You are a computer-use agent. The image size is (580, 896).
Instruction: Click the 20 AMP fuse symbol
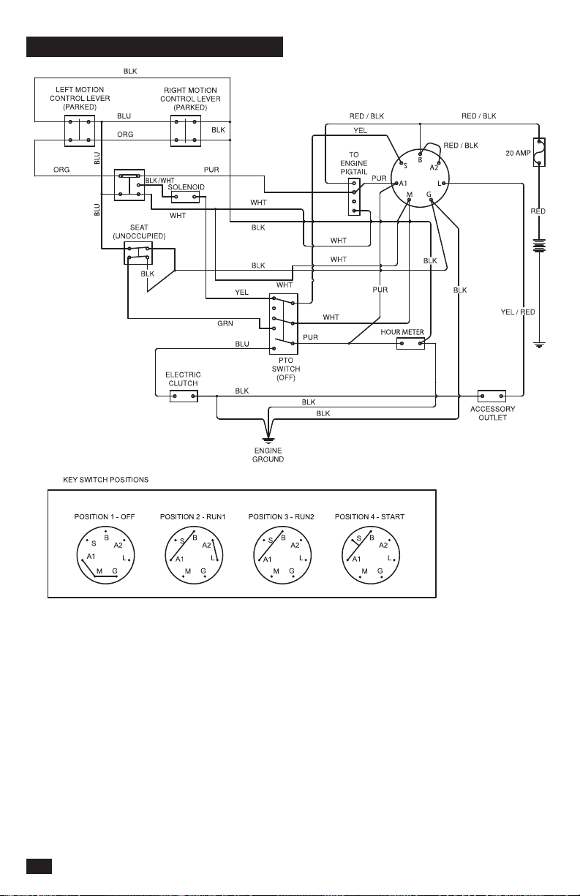click(539, 152)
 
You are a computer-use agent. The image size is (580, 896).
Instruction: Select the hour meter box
click(410, 343)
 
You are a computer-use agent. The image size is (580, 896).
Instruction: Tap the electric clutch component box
click(184, 396)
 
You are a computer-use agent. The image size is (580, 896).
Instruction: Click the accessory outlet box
click(492, 396)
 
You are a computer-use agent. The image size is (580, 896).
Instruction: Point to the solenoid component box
click(185, 197)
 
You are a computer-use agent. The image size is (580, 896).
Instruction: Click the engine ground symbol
click(268, 441)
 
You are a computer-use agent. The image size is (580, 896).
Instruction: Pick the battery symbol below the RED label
click(539, 245)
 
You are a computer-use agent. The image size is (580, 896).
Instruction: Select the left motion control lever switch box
click(80, 131)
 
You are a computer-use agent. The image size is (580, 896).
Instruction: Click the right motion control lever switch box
click(186, 131)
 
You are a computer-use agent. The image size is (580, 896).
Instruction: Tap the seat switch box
click(138, 253)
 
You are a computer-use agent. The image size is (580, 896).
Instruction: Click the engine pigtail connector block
click(354, 197)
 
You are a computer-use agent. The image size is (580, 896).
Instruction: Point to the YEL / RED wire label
click(518, 312)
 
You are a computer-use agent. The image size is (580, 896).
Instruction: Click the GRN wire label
click(225, 323)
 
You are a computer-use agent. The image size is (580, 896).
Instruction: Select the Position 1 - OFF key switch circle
click(105, 555)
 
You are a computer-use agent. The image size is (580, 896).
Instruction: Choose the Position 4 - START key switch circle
click(371, 555)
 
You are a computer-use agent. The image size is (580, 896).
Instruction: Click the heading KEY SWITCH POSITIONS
click(105, 480)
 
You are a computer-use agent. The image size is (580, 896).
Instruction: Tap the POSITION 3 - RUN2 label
click(281, 517)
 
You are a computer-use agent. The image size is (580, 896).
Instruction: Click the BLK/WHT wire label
click(159, 181)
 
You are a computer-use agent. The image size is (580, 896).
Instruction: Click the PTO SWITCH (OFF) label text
click(285, 369)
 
